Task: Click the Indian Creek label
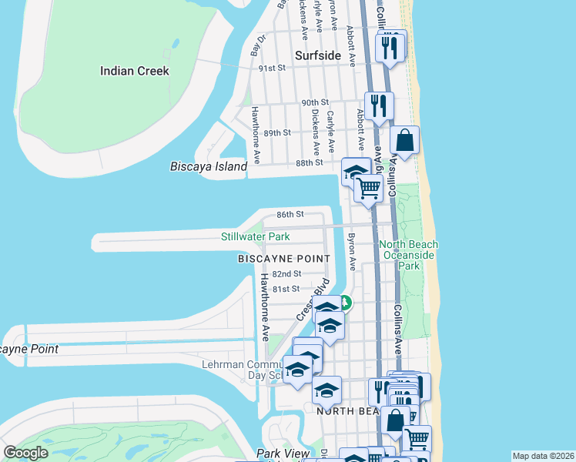pyautogui.click(x=134, y=71)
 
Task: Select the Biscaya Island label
pyautogui.click(x=209, y=166)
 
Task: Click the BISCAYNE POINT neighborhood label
pyautogui.click(x=283, y=259)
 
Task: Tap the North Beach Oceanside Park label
pyautogui.click(x=408, y=255)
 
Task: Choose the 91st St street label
pyautogui.click(x=272, y=68)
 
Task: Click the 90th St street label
pyautogui.click(x=315, y=102)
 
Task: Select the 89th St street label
pyautogui.click(x=276, y=132)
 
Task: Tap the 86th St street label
pyautogui.click(x=290, y=214)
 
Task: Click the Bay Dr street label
pyautogui.click(x=257, y=45)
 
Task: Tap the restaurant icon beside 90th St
pyautogui.click(x=378, y=105)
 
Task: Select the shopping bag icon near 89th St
pyautogui.click(x=405, y=141)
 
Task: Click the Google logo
pyautogui.click(x=25, y=453)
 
